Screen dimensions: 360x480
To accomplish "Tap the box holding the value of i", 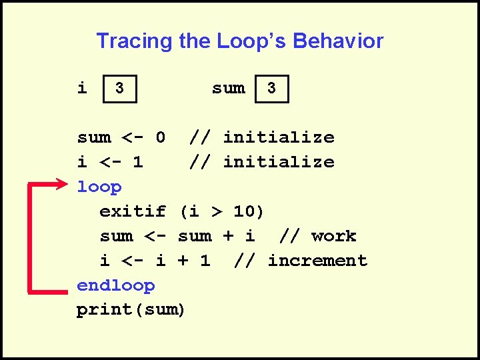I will click(x=119, y=88).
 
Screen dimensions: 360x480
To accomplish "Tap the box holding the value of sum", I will click(x=272, y=88).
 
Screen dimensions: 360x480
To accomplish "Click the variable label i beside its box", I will click(x=82, y=88).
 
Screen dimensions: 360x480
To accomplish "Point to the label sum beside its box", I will click(x=228, y=88).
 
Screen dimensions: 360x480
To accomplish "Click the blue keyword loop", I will click(x=99, y=187).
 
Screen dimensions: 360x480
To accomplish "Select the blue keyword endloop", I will click(x=116, y=285).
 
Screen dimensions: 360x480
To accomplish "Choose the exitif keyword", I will click(x=133, y=211).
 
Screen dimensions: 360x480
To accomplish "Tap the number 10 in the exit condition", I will click(x=244, y=211).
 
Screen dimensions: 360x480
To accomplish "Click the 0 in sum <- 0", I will click(x=160, y=137).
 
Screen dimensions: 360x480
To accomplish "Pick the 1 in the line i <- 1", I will click(x=138, y=162).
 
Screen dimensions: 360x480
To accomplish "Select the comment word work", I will click(x=333, y=236).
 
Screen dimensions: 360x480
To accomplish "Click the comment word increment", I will click(x=317, y=261).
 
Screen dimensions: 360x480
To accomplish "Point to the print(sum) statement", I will click(x=131, y=310).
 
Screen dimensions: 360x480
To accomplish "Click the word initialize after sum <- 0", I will click(x=278, y=137).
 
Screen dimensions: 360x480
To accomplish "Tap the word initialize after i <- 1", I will click(x=278, y=162).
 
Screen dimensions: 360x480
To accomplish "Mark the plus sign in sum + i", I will click(x=228, y=236).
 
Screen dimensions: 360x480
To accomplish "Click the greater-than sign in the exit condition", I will click(x=216, y=211).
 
